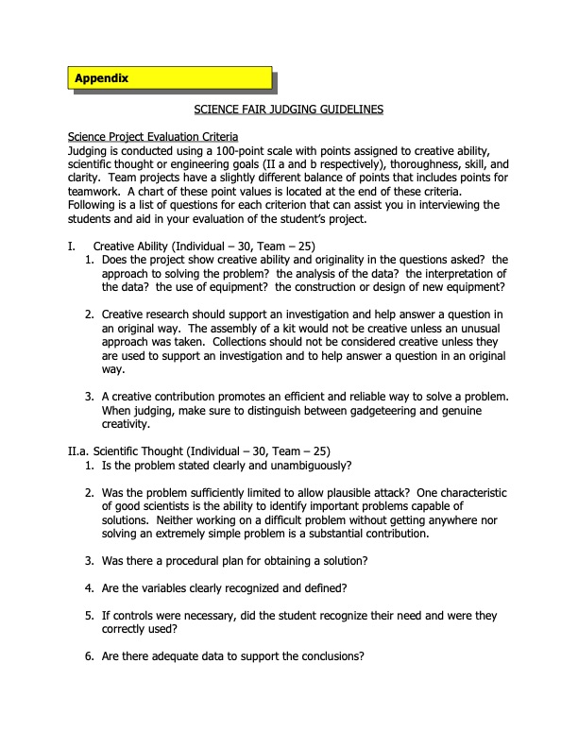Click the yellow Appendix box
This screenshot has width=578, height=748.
tap(171, 77)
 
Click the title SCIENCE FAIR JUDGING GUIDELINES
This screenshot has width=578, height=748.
tap(289, 110)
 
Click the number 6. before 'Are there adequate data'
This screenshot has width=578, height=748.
tap(90, 657)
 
